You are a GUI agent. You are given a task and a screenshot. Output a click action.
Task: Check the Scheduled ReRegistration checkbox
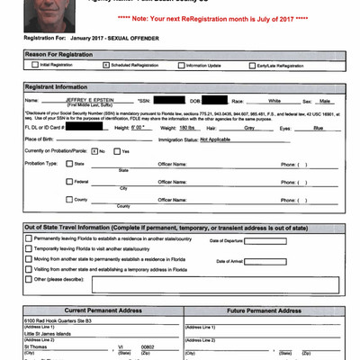coord(105,65)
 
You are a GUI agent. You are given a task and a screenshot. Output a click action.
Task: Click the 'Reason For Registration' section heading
coord(60,54)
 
